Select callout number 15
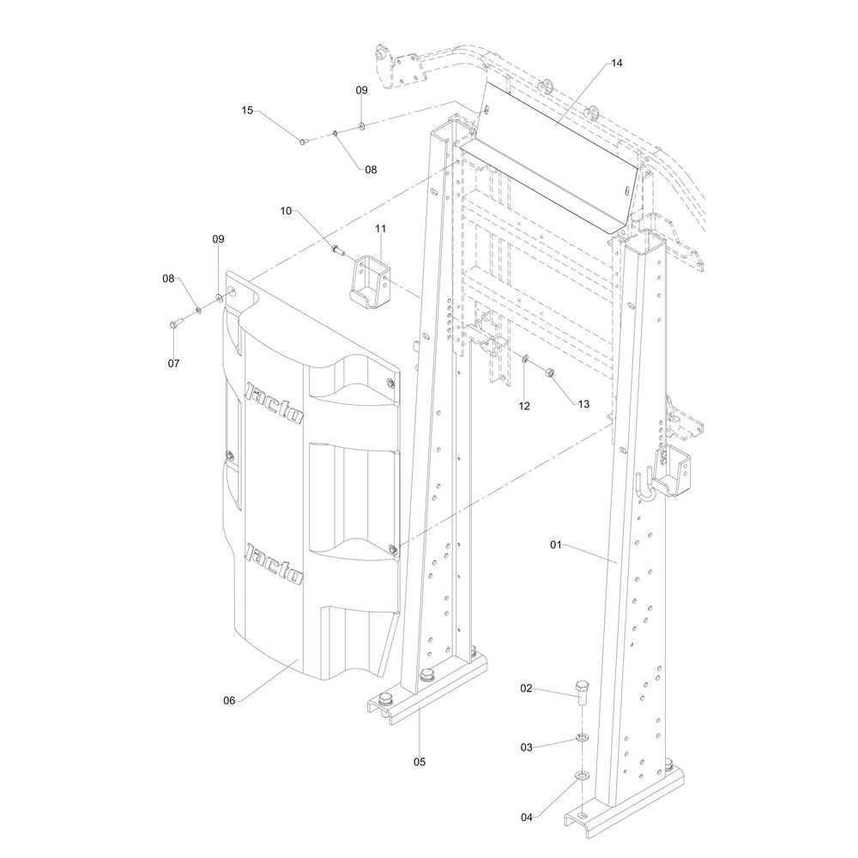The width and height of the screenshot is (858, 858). pyautogui.click(x=247, y=110)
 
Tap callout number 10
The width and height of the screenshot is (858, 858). pyautogui.click(x=287, y=210)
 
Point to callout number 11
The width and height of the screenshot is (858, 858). pyautogui.click(x=380, y=228)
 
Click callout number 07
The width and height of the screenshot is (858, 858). pyautogui.click(x=174, y=363)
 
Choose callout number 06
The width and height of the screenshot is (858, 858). pyautogui.click(x=229, y=700)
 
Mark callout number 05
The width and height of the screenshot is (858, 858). pyautogui.click(x=420, y=761)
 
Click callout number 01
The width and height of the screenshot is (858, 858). pyautogui.click(x=556, y=544)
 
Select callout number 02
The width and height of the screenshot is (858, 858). pyautogui.click(x=527, y=688)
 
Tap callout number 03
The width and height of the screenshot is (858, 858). pyautogui.click(x=527, y=747)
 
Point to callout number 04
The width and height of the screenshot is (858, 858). pyautogui.click(x=527, y=817)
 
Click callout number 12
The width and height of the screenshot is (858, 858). pyautogui.click(x=524, y=405)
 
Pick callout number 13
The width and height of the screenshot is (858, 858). pyautogui.click(x=584, y=403)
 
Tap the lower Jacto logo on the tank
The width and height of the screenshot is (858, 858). pyautogui.click(x=275, y=563)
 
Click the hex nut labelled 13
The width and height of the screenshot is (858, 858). pyautogui.click(x=551, y=372)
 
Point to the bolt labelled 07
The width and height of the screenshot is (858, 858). pyautogui.click(x=176, y=323)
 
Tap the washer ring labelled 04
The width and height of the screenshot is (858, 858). pyautogui.click(x=583, y=776)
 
